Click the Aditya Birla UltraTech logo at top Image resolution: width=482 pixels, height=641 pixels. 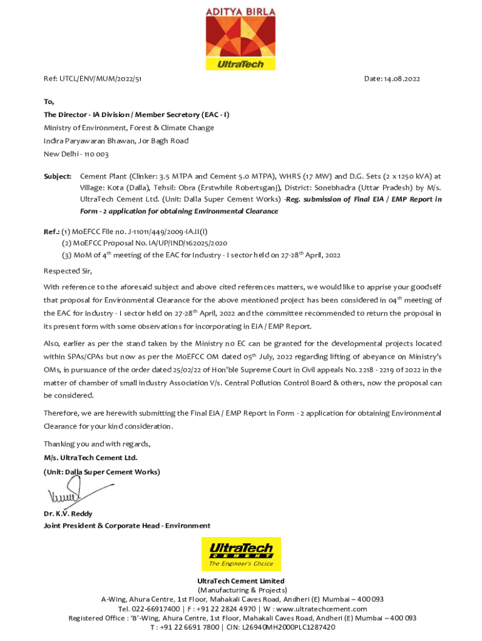240,38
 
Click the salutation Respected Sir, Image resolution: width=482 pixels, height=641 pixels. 68,271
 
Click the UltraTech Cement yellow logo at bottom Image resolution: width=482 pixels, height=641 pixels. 241,554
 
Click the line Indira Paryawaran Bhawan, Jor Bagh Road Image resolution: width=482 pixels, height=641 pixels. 116,141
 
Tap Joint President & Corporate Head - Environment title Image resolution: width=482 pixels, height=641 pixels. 126,525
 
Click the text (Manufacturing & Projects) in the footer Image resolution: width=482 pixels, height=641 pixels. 242,590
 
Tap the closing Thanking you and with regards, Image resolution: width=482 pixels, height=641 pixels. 97,444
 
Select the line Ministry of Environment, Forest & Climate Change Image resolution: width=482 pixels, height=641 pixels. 128,128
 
